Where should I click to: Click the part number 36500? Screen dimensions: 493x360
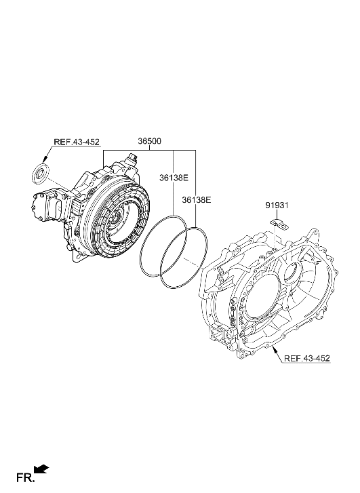tap(149, 142)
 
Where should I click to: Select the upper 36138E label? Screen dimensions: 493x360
tap(174, 178)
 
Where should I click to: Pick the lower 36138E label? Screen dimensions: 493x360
tap(197, 200)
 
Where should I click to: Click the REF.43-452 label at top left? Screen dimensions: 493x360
tap(76, 142)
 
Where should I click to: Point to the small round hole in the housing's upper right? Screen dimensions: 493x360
tap(291, 271)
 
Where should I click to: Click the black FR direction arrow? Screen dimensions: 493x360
tap(41, 469)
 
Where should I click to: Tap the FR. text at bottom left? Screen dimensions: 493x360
tap(24, 479)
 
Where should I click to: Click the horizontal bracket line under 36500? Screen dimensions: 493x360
tap(149, 151)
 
